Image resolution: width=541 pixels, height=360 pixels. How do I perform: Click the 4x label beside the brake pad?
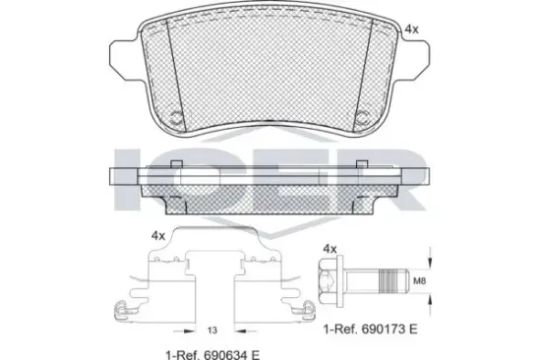(x=411, y=30)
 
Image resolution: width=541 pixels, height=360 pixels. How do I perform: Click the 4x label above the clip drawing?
(x=158, y=236)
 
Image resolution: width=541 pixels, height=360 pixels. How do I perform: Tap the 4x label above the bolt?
(x=330, y=249)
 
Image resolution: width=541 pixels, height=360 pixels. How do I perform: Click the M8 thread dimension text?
(x=420, y=281)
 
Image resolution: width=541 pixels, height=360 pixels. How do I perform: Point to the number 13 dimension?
(x=212, y=330)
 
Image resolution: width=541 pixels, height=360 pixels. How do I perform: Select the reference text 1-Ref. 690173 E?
(x=370, y=329)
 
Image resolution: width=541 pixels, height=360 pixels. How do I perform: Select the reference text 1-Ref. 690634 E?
(x=212, y=354)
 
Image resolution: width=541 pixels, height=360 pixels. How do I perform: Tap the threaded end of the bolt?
(x=393, y=280)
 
